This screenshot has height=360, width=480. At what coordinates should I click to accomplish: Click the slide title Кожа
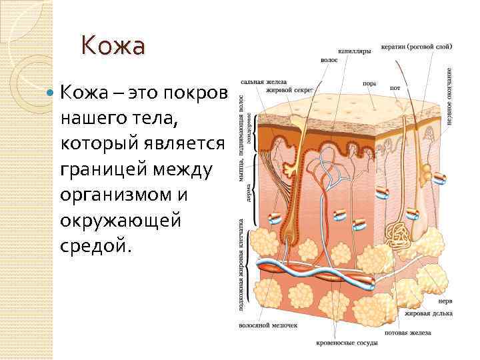pos(113,46)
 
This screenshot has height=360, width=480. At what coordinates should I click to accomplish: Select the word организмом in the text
pos(121,196)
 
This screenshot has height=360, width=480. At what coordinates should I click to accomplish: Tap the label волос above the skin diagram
pos(329,59)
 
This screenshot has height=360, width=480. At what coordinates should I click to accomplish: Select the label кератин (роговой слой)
pos(417,47)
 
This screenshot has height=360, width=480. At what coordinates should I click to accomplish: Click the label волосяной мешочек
pos(268,326)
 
